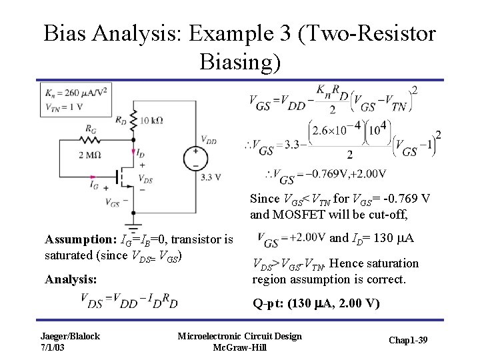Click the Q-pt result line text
coord(315,305)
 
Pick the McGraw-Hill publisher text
coord(239,347)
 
